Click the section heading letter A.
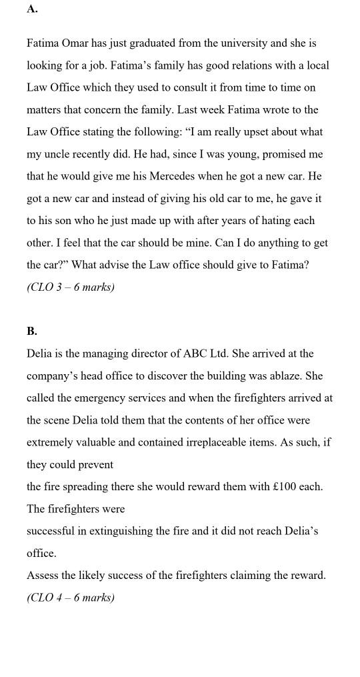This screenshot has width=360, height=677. (32, 9)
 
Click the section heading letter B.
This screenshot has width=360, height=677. (32, 331)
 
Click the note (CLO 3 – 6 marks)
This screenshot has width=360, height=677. (71, 287)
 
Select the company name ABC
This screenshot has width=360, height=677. (195, 354)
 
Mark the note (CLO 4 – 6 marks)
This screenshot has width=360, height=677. (71, 598)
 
